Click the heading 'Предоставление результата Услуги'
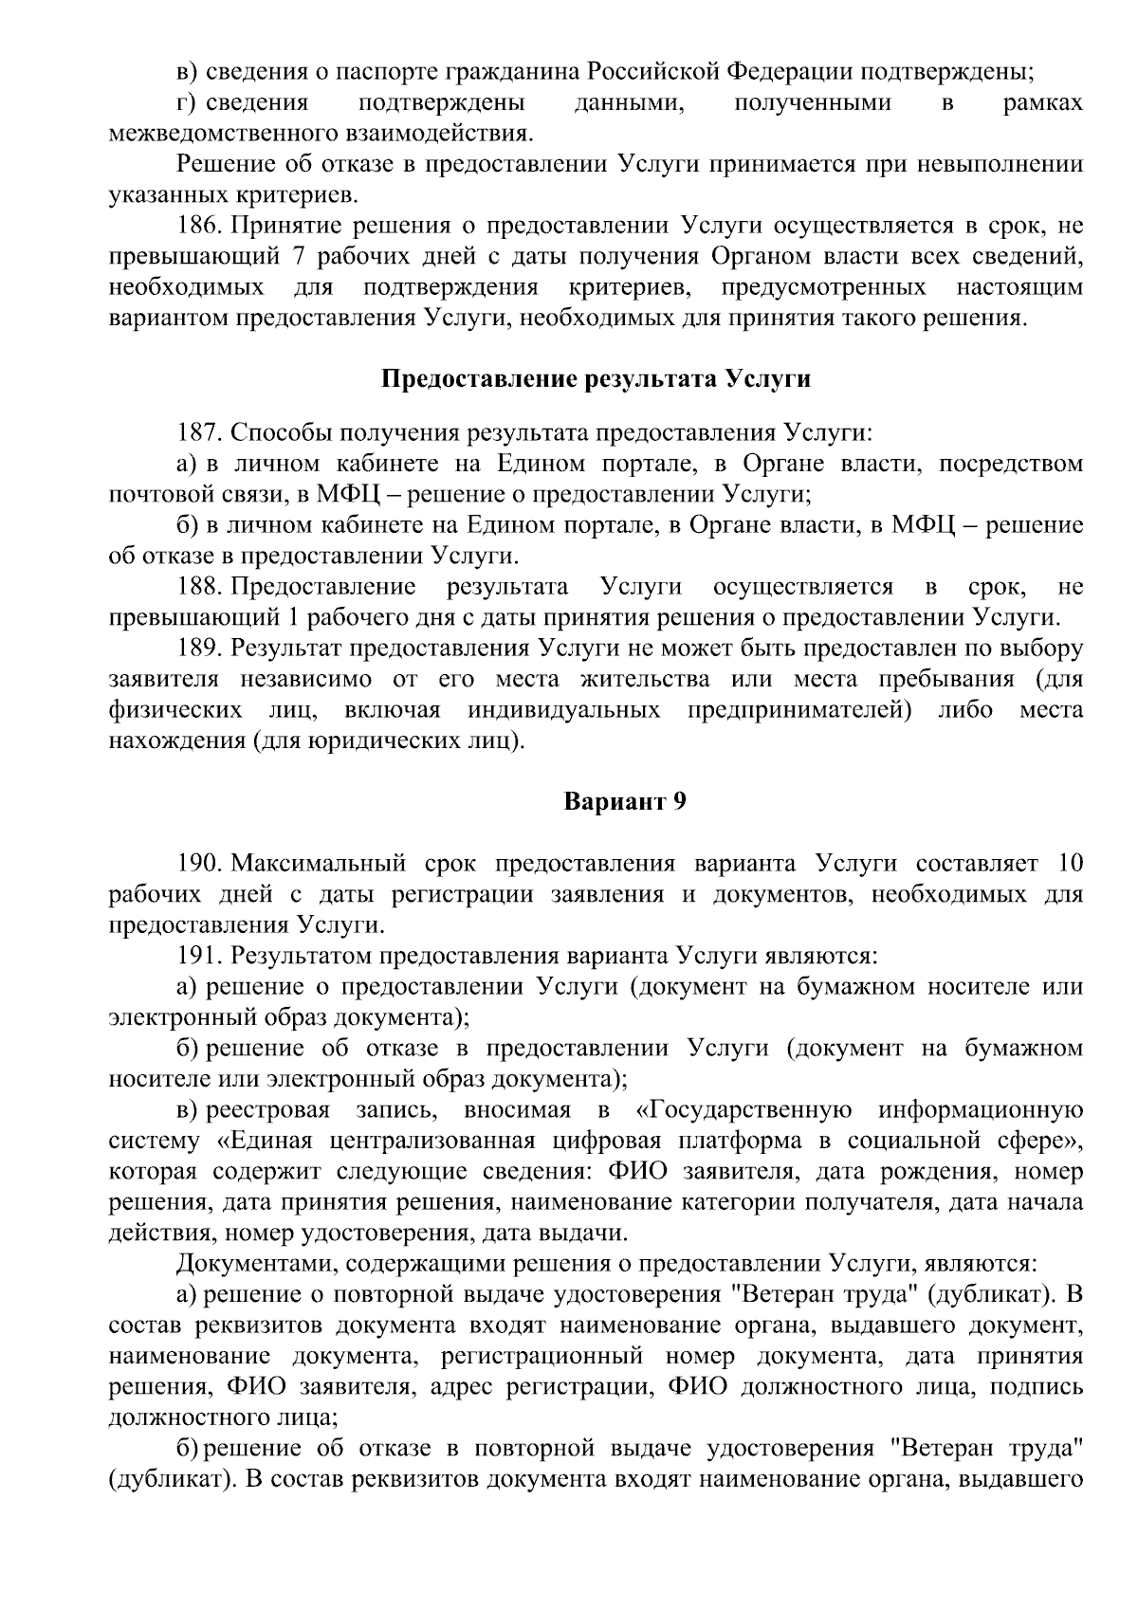[596, 379]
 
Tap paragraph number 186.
[200, 226]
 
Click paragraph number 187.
[200, 433]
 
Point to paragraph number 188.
[200, 587]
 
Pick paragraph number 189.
[200, 649]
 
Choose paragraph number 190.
[200, 864]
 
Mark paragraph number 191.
[200, 955]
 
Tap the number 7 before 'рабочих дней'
[295, 257]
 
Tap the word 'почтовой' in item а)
[155, 495]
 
